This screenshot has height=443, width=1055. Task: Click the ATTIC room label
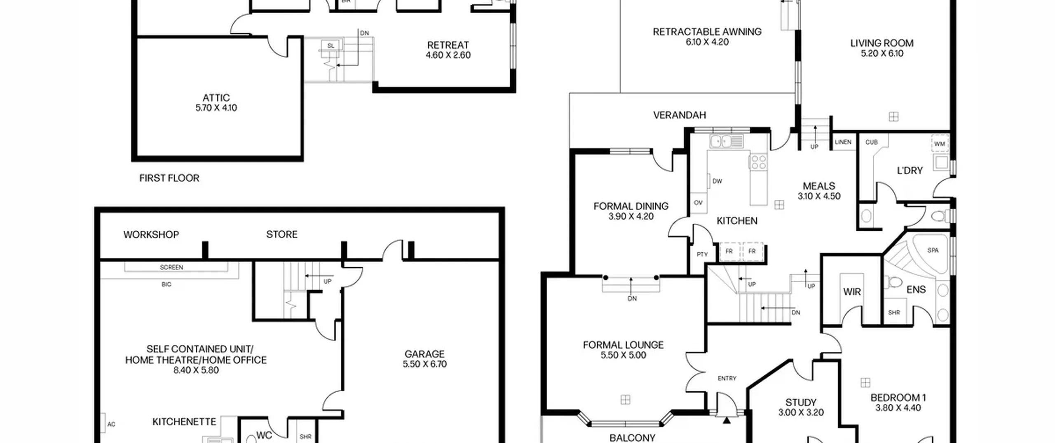(216, 98)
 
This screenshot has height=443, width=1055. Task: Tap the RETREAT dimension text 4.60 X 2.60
(448, 55)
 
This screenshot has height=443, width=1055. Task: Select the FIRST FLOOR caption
(169, 178)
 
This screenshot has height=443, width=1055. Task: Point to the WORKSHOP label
(151, 234)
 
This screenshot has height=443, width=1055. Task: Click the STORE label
(281, 234)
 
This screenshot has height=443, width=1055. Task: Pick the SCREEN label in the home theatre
(171, 267)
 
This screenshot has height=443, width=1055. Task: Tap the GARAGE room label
(424, 354)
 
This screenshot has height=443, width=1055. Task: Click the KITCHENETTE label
(184, 422)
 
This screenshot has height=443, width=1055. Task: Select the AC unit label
(111, 424)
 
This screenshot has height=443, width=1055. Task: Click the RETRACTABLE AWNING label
(707, 32)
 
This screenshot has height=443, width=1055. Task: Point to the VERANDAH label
(680, 115)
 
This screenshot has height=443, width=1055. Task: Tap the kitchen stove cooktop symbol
(758, 162)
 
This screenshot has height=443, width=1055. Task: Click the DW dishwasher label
(717, 181)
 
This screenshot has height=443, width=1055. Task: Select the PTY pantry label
(702, 254)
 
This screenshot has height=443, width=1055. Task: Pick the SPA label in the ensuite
(933, 250)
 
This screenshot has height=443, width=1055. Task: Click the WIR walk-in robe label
(852, 292)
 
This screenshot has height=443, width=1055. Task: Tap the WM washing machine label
(940, 144)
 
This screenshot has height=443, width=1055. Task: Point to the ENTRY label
(727, 378)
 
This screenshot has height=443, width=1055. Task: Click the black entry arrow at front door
(727, 420)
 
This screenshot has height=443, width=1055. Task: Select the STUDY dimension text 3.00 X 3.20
(801, 413)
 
